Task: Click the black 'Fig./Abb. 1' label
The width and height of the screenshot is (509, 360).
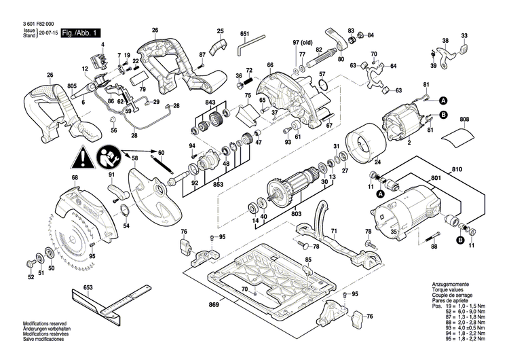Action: [x=81, y=33]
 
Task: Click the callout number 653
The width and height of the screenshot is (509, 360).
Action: [x=88, y=289]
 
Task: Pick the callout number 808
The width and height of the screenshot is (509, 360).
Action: [x=464, y=120]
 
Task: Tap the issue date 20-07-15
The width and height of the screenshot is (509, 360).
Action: [x=48, y=33]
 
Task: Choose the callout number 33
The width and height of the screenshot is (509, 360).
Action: [x=464, y=35]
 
